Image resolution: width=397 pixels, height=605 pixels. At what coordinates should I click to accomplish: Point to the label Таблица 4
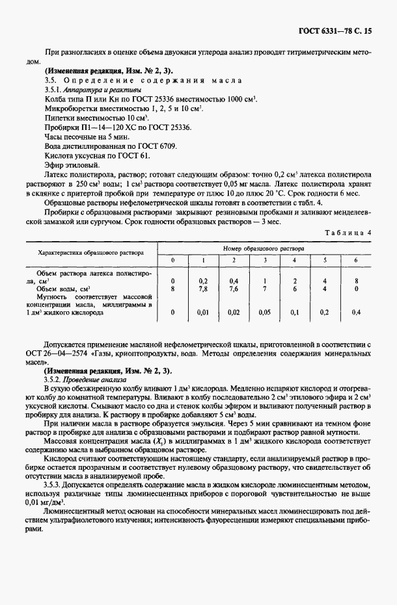pyautogui.click(x=355, y=232)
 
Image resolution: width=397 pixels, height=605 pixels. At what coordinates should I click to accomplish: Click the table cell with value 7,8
pyautogui.click(x=202, y=289)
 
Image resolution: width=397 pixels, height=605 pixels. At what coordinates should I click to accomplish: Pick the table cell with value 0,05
pyautogui.click(x=264, y=313)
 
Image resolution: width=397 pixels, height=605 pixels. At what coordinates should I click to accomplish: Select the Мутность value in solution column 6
pyautogui.click(x=356, y=313)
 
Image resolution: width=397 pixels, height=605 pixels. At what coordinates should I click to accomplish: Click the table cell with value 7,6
pyautogui.click(x=233, y=289)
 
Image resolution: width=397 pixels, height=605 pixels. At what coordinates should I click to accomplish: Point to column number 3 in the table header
pyautogui.click(x=264, y=260)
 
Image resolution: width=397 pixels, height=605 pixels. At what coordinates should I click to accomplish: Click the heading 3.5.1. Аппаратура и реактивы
pyautogui.click(x=88, y=89)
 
